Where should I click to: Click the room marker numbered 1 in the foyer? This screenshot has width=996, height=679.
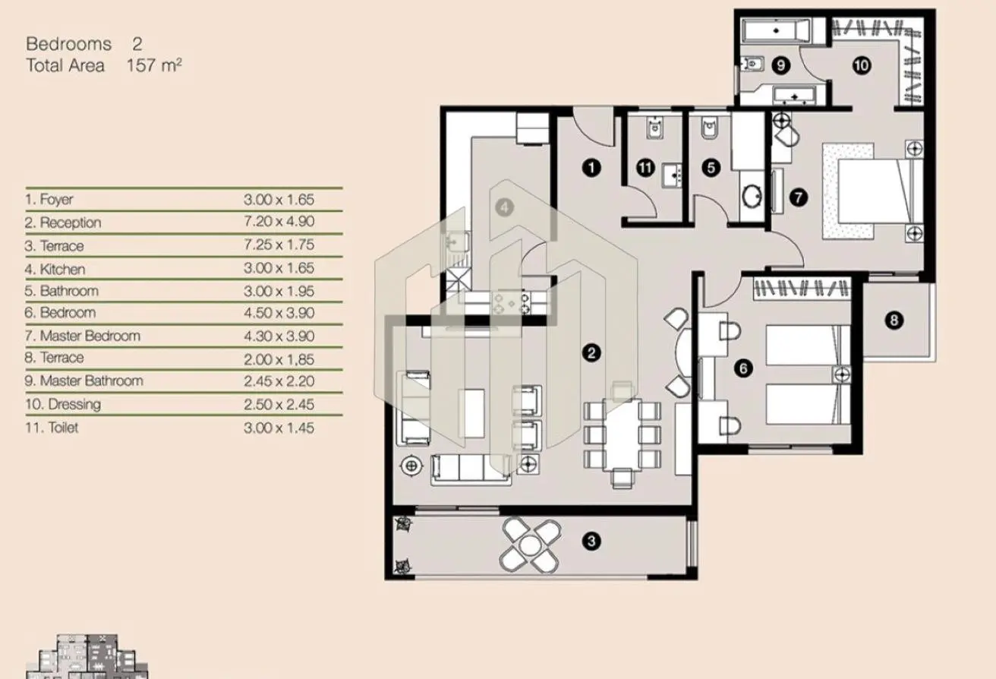[591, 168]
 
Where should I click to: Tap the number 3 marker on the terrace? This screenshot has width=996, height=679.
[591, 541]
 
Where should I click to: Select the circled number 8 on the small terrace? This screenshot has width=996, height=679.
[894, 321]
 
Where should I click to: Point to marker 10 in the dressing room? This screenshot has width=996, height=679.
[862, 66]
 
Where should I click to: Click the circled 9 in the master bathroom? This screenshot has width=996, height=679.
[781, 66]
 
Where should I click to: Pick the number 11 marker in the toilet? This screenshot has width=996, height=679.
[645, 168]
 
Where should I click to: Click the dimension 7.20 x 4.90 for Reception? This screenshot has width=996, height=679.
[279, 221]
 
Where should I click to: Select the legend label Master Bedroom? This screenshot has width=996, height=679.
[90, 336]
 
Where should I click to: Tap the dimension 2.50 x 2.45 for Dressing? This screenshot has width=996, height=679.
[279, 404]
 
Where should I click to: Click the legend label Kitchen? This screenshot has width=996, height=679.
[62, 269]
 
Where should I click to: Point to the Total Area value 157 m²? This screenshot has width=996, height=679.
[154, 65]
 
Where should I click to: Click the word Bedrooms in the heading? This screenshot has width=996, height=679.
[68, 43]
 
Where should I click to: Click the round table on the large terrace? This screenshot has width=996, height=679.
[530, 545]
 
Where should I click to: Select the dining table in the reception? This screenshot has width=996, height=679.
[622, 434]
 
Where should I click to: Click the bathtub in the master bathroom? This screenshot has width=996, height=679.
[776, 30]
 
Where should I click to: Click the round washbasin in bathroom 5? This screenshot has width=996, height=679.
[752, 196]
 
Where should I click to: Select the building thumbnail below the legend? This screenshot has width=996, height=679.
[87, 657]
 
